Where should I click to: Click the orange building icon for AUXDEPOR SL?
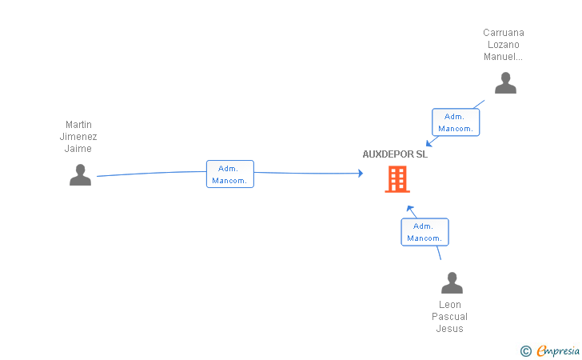(397, 179)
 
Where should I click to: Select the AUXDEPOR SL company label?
(395, 154)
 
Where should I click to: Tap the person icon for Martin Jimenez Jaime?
(80, 174)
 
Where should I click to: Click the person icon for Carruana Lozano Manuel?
(505, 83)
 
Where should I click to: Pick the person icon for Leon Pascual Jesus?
(452, 282)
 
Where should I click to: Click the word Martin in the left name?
(78, 125)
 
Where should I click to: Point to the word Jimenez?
(78, 137)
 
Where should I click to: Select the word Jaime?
(78, 149)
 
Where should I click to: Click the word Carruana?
(504, 33)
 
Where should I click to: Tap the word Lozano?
(504, 45)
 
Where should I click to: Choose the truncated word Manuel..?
(503, 57)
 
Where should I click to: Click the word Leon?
(450, 305)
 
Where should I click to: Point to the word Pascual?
(449, 317)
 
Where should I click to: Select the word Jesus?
(449, 329)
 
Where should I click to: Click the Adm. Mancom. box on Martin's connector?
(230, 174)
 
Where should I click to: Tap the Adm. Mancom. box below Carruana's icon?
(456, 122)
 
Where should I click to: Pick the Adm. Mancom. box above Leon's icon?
(425, 232)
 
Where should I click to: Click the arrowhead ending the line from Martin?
(361, 173)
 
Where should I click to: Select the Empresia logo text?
(558, 350)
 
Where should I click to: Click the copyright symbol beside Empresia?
(526, 351)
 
